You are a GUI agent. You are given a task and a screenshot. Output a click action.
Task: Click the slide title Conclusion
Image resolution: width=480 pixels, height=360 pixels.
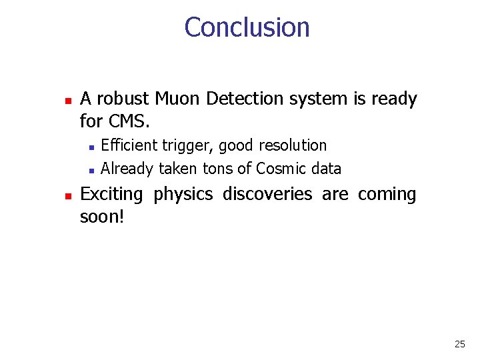click(247, 27)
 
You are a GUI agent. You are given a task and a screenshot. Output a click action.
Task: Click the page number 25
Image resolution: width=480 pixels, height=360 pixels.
click(459, 345)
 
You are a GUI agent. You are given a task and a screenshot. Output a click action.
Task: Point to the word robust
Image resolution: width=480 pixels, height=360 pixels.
click(123, 99)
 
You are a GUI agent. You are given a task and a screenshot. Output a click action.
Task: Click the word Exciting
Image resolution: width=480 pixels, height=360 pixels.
click(111, 195)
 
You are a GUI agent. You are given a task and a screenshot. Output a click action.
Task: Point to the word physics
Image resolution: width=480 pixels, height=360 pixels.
click(185, 195)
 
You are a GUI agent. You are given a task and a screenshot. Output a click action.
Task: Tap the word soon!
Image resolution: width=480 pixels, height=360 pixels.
click(102, 217)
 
